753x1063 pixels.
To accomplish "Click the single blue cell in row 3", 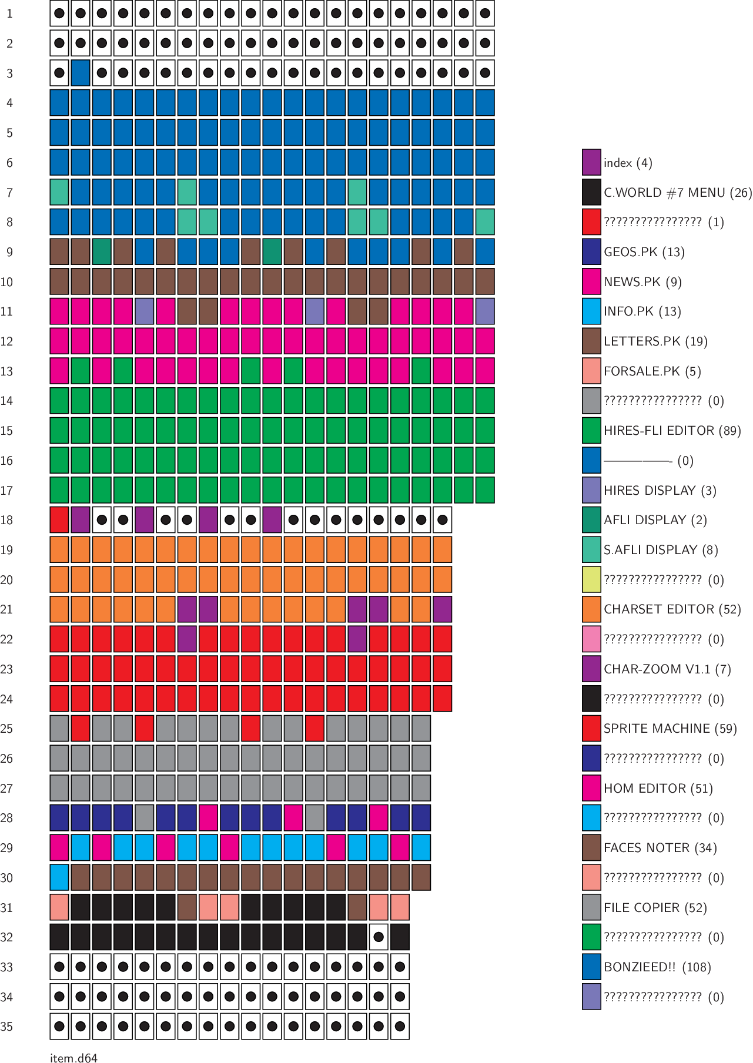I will tap(81, 73).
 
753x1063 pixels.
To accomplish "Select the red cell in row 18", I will tap(59, 520).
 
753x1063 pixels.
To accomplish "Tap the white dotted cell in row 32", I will tap(379, 937).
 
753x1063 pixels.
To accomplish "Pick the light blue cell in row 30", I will tap(59, 877).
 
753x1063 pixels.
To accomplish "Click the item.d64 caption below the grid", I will tap(73, 1058).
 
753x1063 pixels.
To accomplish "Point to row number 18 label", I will tap(7, 520).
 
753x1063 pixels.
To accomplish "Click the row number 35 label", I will tap(7, 1027).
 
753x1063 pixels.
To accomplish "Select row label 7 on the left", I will tap(9, 193).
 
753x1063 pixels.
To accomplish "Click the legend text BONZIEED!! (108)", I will tap(657, 967).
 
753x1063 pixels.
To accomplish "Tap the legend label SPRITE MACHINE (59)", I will tap(670, 729).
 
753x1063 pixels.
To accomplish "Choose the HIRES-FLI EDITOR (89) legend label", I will tap(672, 431).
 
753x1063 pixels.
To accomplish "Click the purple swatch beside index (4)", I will tap(591, 163).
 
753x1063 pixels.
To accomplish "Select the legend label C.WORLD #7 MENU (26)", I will tap(678, 193).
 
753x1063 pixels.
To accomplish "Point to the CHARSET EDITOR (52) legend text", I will tap(672, 609).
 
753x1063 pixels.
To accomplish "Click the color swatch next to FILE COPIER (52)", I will tap(591, 907).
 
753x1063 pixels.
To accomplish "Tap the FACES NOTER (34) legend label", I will tap(660, 848).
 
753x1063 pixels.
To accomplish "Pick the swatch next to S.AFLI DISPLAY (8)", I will tap(591, 550).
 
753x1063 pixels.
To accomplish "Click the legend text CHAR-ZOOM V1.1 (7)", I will tap(667, 669).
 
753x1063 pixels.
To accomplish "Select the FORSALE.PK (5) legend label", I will tap(652, 371).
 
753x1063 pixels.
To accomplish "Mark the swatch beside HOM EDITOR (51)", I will tap(591, 789).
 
